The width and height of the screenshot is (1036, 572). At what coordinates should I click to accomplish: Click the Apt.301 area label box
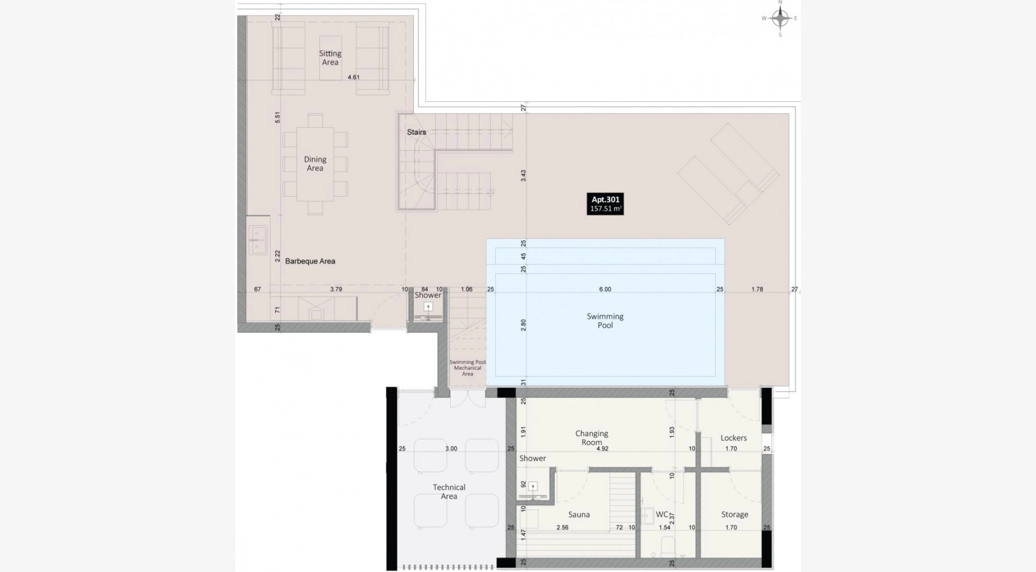tap(605, 204)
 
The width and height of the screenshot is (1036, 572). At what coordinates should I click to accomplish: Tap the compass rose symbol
tap(780, 18)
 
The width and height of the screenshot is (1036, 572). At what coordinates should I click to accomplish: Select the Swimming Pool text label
tap(605, 321)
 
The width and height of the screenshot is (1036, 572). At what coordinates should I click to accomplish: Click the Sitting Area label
tap(330, 58)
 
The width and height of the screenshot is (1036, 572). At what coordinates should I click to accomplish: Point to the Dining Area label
tap(315, 164)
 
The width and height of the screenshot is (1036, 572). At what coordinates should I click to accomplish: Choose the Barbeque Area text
tap(310, 261)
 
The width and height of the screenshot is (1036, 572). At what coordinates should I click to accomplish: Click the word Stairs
tap(416, 132)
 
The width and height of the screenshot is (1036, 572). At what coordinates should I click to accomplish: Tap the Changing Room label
tap(592, 438)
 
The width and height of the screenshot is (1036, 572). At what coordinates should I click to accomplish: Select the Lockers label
tap(734, 438)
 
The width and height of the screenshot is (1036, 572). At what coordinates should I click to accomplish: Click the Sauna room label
tap(579, 515)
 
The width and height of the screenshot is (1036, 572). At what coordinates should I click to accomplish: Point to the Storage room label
tap(735, 515)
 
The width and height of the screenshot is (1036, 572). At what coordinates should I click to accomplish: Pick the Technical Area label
tap(449, 492)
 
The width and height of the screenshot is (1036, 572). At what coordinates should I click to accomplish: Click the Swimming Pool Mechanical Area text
tap(467, 368)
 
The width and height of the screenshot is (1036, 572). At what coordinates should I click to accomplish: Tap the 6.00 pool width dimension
tap(605, 290)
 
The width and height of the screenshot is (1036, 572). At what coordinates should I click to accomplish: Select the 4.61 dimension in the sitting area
tap(354, 77)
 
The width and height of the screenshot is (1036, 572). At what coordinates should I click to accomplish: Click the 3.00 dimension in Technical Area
tap(451, 449)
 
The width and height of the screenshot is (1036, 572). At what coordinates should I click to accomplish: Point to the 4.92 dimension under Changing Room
tap(603, 449)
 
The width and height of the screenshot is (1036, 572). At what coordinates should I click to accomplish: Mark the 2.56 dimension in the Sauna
tap(563, 527)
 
